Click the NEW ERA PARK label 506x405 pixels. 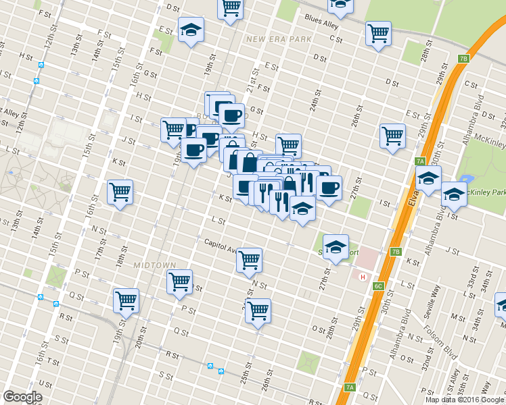point(279,39)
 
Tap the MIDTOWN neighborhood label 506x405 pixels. point(154,265)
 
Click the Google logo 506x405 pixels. point(22,397)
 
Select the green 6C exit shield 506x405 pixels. point(378,286)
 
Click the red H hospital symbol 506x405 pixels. point(363,277)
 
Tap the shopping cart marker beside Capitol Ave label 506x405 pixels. point(249,259)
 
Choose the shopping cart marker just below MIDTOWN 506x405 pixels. point(179,280)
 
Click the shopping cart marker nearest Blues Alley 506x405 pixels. point(378,33)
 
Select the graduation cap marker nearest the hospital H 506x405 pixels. point(335,247)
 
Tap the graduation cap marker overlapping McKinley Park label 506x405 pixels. point(454,194)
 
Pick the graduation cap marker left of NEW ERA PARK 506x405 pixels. point(191,30)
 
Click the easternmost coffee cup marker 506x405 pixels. point(329,188)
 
